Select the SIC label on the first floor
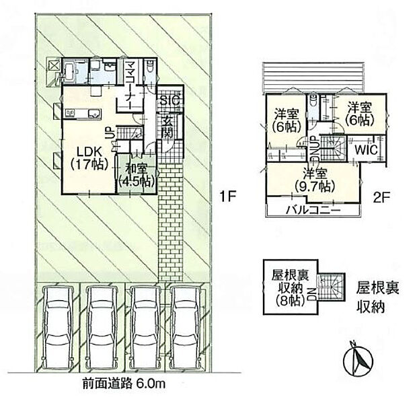tap(170, 101)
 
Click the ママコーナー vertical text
tap(130, 84)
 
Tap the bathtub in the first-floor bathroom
tap(70, 71)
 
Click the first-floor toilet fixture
tap(150, 67)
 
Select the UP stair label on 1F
tap(110, 133)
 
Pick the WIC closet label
tap(366, 150)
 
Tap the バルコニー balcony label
tap(313, 211)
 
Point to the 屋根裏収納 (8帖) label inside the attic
tap(290, 288)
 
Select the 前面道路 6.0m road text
tap(124, 384)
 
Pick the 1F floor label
tap(228, 196)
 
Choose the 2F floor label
tap(381, 199)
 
